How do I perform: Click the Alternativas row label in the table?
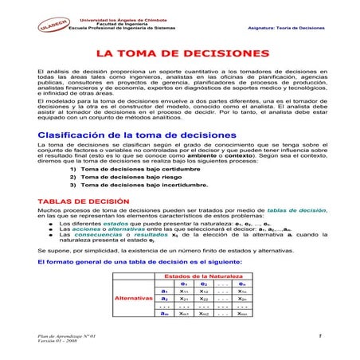pyautogui.click(x=134, y=298)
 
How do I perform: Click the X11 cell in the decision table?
pyautogui.click(x=184, y=291)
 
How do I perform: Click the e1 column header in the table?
pyautogui.click(x=184, y=284)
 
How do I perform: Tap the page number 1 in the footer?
pyautogui.click(x=319, y=337)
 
